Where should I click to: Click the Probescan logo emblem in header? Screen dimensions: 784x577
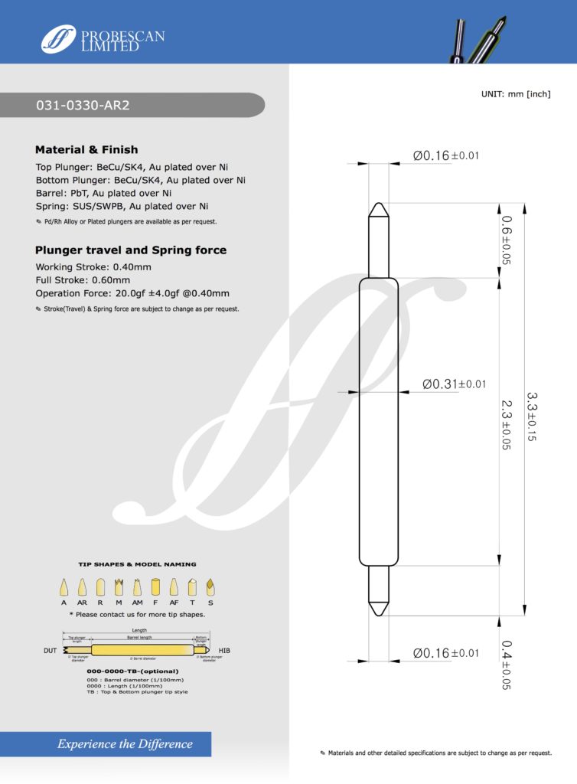click(58, 39)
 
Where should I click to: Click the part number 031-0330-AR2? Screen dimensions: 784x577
click(83, 106)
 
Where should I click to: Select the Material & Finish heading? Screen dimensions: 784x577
click(86, 149)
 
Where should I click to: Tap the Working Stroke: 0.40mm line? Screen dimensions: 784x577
click(93, 266)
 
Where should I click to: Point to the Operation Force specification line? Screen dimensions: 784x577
click(132, 293)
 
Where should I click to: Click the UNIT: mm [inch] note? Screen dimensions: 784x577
click(516, 93)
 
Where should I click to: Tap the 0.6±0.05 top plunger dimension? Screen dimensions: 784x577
click(506, 240)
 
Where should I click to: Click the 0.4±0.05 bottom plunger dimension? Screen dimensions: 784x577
click(506, 665)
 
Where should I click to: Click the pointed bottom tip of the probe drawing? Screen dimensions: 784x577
click(378, 612)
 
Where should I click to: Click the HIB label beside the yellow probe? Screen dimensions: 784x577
click(224, 650)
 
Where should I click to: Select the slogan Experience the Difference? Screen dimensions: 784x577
click(125, 743)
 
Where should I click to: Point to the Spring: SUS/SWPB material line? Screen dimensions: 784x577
click(122, 206)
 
